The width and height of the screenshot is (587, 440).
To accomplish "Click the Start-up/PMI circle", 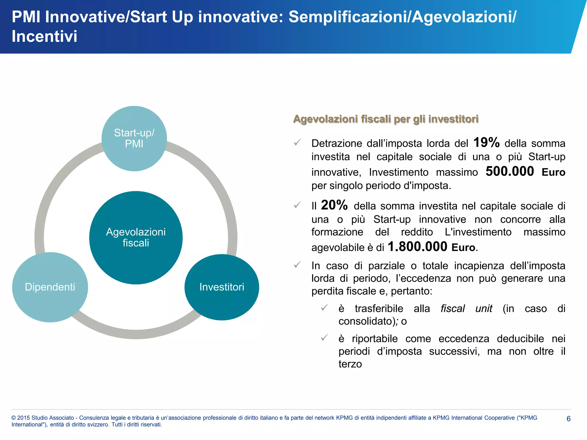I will pyautogui.click(x=134, y=138).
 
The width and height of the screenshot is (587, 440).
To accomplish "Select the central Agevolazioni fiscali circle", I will pyautogui.click(x=136, y=237).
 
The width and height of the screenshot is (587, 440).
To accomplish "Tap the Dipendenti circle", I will pyautogui.click(x=50, y=287).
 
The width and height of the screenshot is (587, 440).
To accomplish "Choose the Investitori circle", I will pyautogui.click(x=222, y=287).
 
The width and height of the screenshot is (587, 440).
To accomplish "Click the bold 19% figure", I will pyautogui.click(x=486, y=142).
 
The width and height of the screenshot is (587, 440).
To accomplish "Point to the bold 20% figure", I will pyautogui.click(x=334, y=205).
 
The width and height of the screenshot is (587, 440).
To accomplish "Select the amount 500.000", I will pyautogui.click(x=510, y=171).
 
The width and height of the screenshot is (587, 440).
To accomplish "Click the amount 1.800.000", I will pyautogui.click(x=417, y=247).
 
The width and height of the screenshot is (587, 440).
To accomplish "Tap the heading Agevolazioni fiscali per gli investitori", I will pyautogui.click(x=386, y=119).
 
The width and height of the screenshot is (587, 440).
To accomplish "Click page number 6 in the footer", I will pyautogui.click(x=569, y=419).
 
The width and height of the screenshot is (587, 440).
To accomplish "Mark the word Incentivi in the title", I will pyautogui.click(x=44, y=36).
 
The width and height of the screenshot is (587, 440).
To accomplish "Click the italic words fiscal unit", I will pyautogui.click(x=466, y=309).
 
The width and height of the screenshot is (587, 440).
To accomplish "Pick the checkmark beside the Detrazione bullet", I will pyautogui.click(x=298, y=142).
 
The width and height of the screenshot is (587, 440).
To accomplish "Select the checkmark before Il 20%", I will pyautogui.click(x=298, y=205).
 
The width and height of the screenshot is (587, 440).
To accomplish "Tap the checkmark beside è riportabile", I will pyautogui.click(x=324, y=338).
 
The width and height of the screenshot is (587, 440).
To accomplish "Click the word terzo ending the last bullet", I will pyautogui.click(x=350, y=364).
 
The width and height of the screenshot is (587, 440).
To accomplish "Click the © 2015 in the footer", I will pyautogui.click(x=21, y=418).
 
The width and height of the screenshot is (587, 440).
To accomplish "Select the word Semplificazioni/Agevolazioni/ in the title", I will pyautogui.click(x=402, y=17).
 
